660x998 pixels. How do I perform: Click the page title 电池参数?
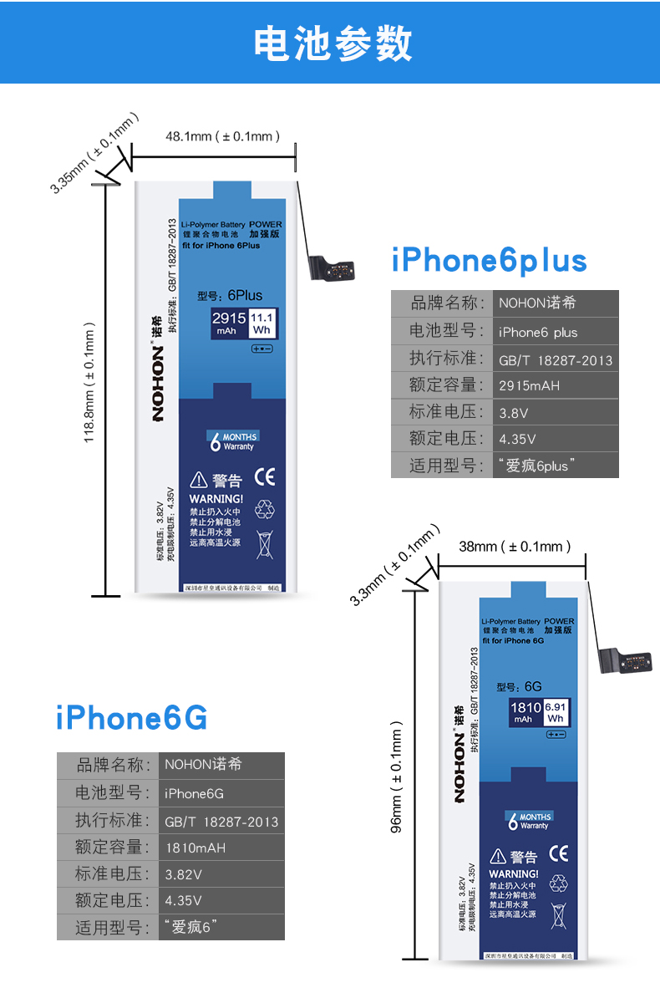(x=333, y=43)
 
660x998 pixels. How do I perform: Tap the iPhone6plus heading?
(x=490, y=261)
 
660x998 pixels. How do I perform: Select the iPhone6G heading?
(x=132, y=718)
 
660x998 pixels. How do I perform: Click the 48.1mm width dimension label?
(x=222, y=135)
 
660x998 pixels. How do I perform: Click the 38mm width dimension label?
(x=515, y=547)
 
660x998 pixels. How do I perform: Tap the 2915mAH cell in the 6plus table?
(x=530, y=386)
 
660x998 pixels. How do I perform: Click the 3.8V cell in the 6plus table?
(x=514, y=413)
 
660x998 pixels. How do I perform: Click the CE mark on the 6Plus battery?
(x=265, y=478)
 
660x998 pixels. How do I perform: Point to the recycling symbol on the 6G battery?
(x=557, y=883)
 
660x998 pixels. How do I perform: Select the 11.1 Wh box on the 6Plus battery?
(x=262, y=323)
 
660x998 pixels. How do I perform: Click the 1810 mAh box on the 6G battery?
(x=525, y=712)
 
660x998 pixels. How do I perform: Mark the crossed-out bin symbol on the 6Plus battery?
(x=265, y=543)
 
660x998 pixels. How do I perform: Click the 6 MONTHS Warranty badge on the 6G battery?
(x=531, y=821)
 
